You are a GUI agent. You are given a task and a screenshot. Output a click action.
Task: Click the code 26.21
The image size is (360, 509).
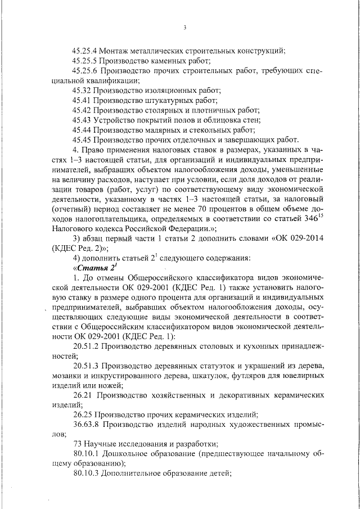[82, 396]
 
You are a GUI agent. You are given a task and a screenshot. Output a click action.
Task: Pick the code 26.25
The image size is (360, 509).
[82, 415]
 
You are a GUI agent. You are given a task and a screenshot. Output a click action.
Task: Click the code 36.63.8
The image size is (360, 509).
[85, 425]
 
